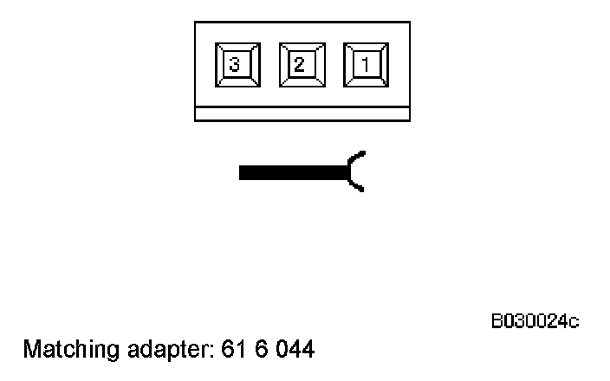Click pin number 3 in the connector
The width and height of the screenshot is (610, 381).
coord(236,65)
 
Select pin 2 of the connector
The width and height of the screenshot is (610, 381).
coord(301,65)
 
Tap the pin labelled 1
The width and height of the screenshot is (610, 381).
coord(366,65)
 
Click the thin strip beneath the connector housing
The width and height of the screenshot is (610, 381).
coord(302,113)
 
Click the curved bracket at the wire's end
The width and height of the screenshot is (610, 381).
coord(354,171)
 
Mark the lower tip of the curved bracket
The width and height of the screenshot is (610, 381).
coord(362,191)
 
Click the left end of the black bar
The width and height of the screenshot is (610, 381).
coord(242,172)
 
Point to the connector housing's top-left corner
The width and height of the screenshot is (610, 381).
coord(195,23)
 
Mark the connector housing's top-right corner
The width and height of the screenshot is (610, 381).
coord(409,23)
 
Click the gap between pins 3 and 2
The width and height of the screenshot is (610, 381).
coord(269,65)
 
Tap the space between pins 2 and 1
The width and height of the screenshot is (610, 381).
coord(334,65)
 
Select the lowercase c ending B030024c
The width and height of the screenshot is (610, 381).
coord(574,323)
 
